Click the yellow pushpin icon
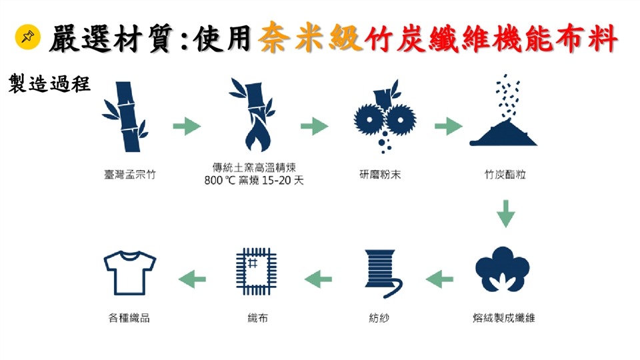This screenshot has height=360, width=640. point(28,37)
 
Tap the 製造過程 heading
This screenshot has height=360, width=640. point(49,84)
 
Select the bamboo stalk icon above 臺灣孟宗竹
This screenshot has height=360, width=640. point(125,117)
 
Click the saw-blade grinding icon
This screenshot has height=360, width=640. point(385,117)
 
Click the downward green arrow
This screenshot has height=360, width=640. point(506,213)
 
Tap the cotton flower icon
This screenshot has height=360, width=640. point(503,269)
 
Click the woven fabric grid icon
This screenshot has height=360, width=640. point(256,271)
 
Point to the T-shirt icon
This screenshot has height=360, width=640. point(130,273)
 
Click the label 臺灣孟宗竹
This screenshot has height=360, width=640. point(130,175)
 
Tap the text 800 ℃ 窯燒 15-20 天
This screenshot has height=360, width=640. point(254,180)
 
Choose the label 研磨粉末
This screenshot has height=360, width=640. point(380,175)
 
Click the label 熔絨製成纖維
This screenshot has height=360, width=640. point(504,317)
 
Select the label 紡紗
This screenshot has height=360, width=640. point(379,317)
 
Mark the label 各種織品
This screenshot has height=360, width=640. point(129,317)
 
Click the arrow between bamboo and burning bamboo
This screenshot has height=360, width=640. point(187,126)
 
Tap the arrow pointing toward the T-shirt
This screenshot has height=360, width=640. point(192,279)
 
